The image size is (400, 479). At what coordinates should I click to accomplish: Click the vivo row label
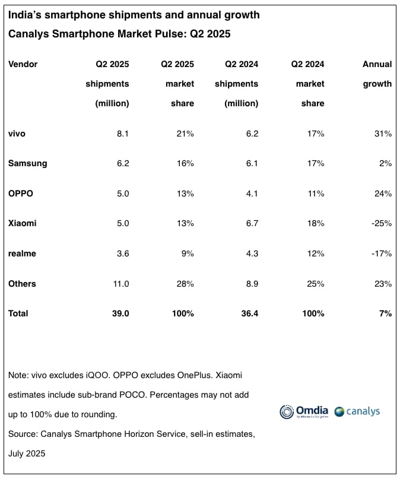pos(17,134)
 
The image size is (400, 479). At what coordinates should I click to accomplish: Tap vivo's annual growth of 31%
pos(383,134)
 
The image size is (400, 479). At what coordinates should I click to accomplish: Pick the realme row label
pos(22,253)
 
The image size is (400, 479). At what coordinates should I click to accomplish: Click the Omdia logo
pos(303,411)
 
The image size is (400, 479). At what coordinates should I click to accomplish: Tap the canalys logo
pos(357,411)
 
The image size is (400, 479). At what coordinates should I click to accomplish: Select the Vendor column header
pos(23,64)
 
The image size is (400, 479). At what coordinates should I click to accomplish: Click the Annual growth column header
pos(377,74)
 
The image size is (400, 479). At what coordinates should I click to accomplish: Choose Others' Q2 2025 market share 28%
pos(185,284)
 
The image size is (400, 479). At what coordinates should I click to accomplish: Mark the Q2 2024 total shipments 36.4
pos(247,313)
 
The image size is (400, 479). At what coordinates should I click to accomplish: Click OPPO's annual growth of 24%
pos(383,193)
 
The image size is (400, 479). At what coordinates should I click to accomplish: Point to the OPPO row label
pos(21,193)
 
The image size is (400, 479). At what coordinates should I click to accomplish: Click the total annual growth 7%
pos(385,313)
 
